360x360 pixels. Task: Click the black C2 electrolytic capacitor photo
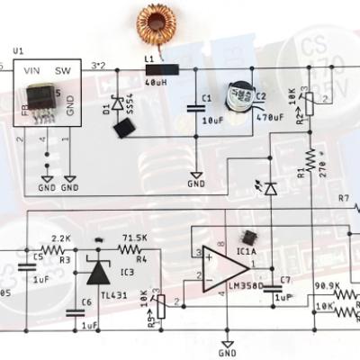click(x=238, y=99)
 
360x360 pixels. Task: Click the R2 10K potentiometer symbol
click(x=309, y=105)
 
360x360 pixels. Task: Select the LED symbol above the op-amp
click(x=268, y=185)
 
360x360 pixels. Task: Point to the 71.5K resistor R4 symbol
click(x=133, y=249)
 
